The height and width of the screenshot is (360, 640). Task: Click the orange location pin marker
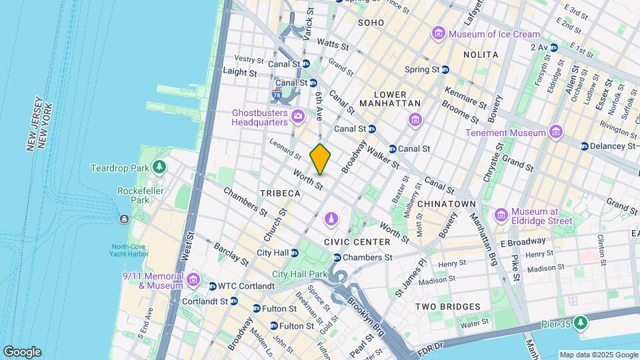tap(321, 159)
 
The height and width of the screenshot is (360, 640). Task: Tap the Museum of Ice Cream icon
tap(438, 33)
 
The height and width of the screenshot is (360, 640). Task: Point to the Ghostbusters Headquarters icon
tap(298, 118)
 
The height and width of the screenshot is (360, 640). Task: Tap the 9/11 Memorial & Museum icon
tap(194, 278)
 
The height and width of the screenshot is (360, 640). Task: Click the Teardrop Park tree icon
tap(159, 167)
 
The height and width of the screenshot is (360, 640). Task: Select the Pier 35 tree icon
tap(582, 323)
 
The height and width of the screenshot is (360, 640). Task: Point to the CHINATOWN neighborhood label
tap(446, 203)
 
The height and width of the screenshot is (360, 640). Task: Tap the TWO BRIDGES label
tap(447, 307)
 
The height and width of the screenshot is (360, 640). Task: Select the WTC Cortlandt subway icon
tap(203, 287)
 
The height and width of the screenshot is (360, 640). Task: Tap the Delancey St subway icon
tap(584, 146)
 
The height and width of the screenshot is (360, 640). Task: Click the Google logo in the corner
tap(22, 352)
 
